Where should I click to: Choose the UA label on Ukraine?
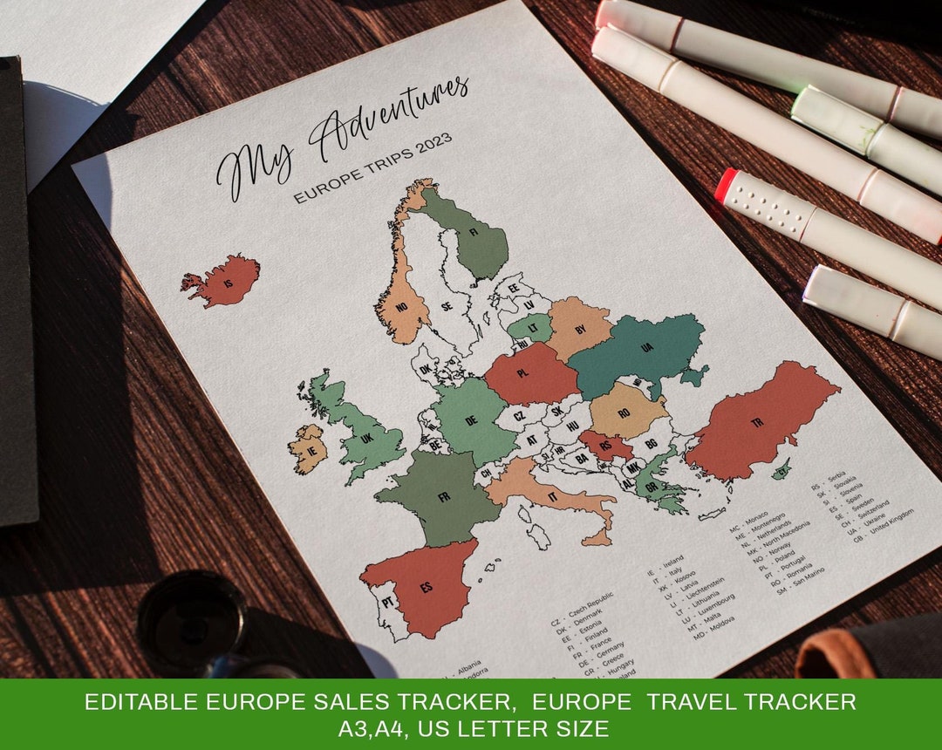(x=646, y=348)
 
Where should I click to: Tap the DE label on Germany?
(x=471, y=419)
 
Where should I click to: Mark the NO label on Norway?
(x=402, y=307)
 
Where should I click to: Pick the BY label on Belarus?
(x=581, y=329)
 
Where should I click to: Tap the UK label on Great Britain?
(x=366, y=440)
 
